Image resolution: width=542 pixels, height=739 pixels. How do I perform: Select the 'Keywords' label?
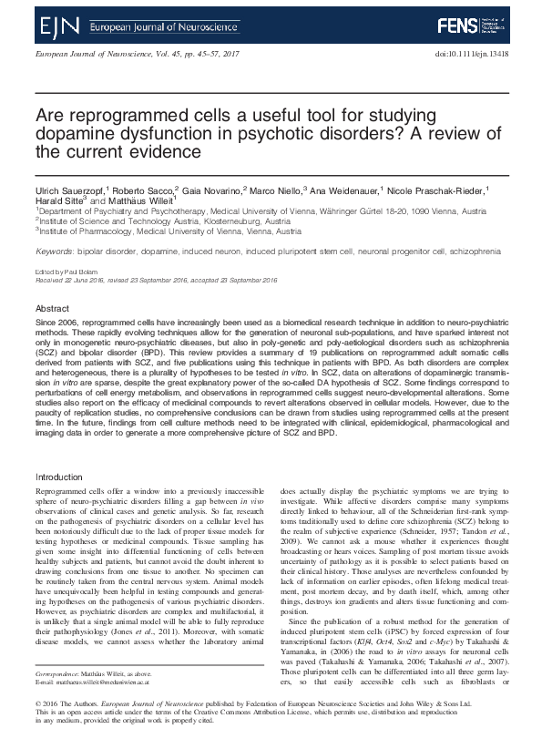[54, 249]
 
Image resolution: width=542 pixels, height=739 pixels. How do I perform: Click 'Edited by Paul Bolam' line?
[66, 272]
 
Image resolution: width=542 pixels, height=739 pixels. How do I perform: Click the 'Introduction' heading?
[58, 477]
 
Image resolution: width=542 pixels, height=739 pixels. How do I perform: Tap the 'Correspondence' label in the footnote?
[57, 693]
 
